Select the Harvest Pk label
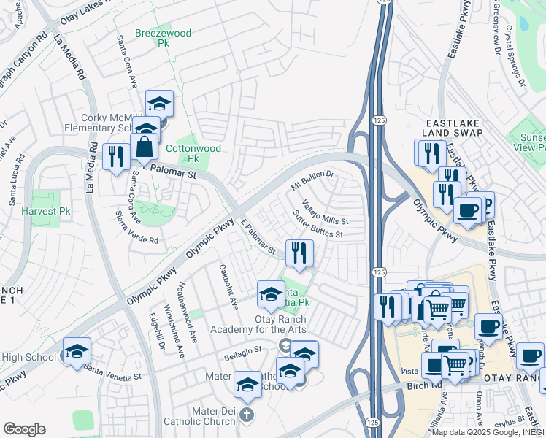45,212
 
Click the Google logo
24,429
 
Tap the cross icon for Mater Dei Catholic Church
247,416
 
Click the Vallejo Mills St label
325,212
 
